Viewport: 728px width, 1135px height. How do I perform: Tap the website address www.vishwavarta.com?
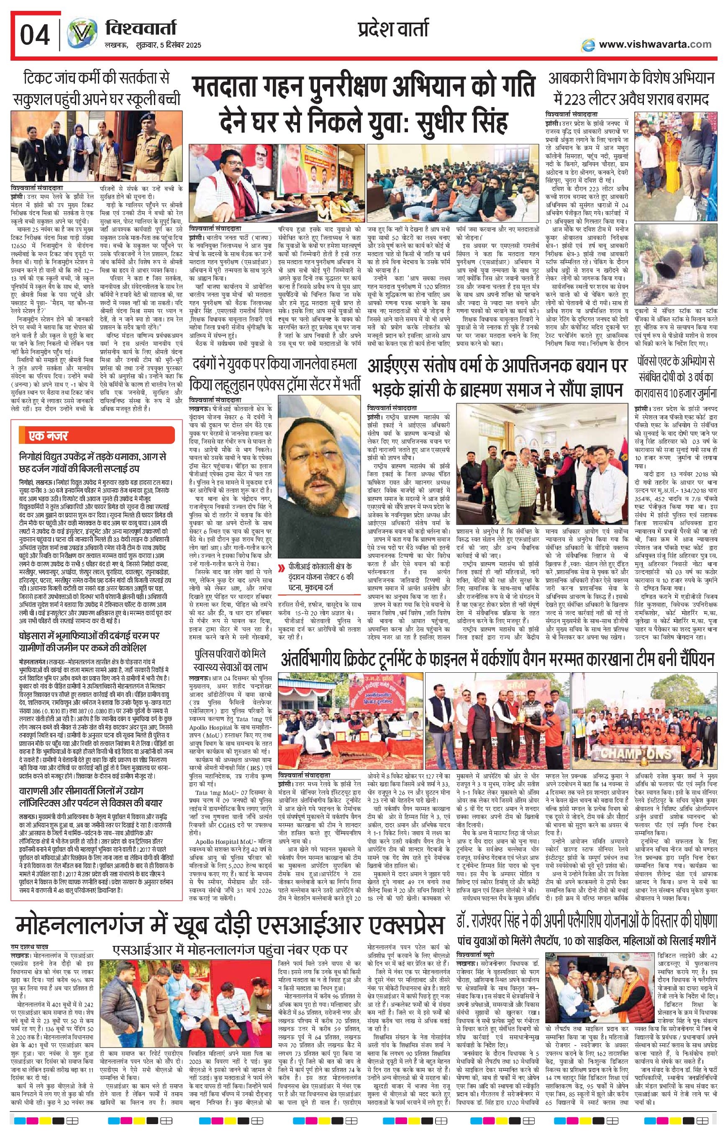655,44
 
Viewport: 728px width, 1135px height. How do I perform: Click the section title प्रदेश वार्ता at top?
392,29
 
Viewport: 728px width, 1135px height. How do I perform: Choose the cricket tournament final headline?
496,658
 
